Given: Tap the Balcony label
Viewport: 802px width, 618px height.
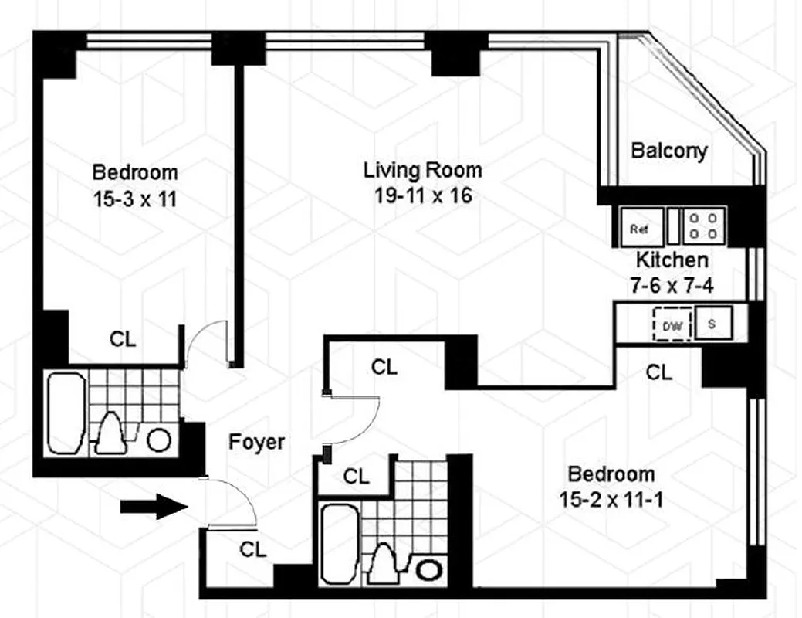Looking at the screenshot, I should (x=668, y=150).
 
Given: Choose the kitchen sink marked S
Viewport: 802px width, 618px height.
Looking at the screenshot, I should (x=712, y=324).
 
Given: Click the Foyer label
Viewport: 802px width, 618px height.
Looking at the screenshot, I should (x=256, y=443).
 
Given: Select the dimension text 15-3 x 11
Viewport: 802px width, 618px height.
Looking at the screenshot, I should (x=135, y=199).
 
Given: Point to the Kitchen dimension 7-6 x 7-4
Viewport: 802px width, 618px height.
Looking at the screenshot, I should (x=671, y=285).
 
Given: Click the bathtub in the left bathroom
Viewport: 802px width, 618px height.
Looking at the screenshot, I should (x=66, y=413).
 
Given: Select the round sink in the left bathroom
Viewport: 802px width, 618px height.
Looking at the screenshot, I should (x=159, y=440).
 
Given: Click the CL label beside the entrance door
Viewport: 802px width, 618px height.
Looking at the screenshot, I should (x=252, y=549).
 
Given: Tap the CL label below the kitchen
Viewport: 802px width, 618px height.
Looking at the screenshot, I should (x=658, y=372).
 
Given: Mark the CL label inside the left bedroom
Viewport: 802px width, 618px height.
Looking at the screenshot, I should (x=123, y=338).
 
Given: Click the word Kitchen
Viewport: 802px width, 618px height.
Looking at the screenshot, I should (x=671, y=260).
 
